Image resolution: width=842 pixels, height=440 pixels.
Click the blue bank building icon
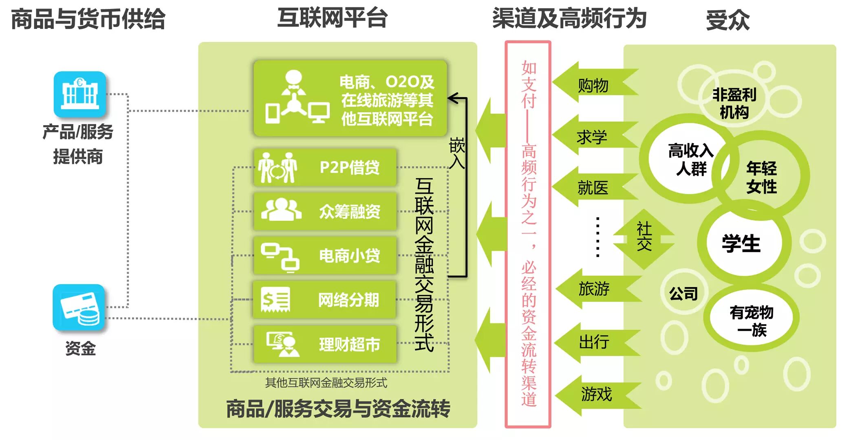tap(80, 94)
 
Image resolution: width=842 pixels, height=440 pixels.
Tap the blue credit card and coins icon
tap(79, 307)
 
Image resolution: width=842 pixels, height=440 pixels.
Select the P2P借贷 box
tap(325, 168)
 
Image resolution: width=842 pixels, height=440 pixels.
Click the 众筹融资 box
tap(325, 212)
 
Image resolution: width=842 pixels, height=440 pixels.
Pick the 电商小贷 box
tap(325, 256)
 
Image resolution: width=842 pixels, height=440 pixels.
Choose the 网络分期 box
tap(325, 300)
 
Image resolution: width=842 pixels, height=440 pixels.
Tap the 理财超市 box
tap(325, 344)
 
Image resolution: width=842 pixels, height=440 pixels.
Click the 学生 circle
tap(741, 243)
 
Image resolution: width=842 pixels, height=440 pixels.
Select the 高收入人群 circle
tap(690, 159)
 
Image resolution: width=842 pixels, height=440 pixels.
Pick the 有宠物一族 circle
tap(751, 321)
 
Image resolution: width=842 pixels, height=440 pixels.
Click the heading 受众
tap(728, 20)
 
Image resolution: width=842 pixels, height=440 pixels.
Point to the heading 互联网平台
tap(332, 18)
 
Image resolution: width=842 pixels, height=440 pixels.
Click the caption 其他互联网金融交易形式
tap(326, 383)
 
